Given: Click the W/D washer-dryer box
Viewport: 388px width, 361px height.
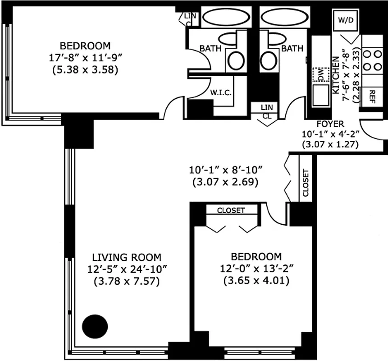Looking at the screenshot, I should pos(346,20).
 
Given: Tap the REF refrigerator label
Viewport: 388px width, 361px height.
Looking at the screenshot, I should pos(372,95).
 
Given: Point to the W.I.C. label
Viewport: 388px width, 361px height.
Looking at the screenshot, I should pos(221,93).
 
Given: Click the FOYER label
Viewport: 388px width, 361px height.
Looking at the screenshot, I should pos(330,124).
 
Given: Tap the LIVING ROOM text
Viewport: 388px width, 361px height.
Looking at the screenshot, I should pos(126,258).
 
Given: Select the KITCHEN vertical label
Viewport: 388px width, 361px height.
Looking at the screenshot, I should pos(336,74).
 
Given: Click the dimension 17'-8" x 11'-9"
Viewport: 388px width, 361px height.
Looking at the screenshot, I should pos(85,58).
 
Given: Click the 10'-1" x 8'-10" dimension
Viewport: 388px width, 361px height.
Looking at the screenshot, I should pos(225,171).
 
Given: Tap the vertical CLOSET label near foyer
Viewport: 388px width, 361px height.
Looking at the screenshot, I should pos(306,183).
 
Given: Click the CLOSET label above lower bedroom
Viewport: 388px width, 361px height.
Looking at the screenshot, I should pos(231,210).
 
